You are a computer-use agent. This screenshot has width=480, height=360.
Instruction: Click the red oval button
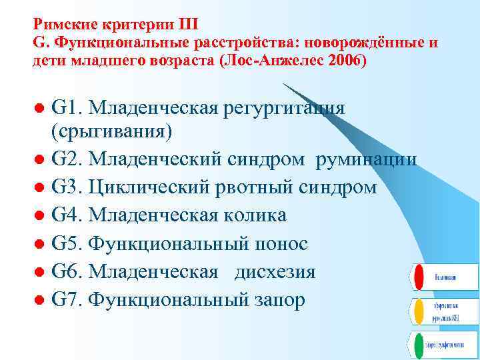417,277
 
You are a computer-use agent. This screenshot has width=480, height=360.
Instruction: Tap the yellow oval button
417,311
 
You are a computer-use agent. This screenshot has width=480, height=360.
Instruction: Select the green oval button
417,345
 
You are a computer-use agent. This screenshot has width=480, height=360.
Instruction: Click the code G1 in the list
67,107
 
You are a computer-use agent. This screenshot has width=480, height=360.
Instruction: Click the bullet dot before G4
40,216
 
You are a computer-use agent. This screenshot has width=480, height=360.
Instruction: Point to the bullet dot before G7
40,301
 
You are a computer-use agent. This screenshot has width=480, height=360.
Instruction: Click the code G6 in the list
67,272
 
